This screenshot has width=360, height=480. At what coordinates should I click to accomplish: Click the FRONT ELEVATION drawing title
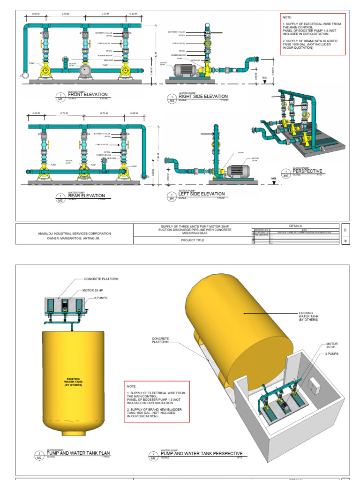click(x=88, y=94)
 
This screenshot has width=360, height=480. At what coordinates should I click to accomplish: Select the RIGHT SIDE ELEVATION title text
click(x=203, y=97)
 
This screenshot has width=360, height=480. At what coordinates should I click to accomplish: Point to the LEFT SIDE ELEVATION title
click(x=202, y=194)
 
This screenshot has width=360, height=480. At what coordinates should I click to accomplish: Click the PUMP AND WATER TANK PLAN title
click(x=82, y=453)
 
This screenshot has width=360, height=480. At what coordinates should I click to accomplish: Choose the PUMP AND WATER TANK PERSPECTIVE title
click(x=202, y=453)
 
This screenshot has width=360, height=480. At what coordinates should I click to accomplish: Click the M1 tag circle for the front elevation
click(x=60, y=97)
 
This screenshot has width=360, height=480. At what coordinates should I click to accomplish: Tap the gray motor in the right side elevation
click(x=184, y=70)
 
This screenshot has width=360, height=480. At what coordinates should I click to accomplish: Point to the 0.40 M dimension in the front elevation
click(x=35, y=14)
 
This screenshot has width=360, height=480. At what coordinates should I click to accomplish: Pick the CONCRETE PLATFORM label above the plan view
click(x=101, y=279)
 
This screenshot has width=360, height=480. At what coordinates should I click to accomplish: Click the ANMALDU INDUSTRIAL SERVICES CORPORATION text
click(x=75, y=233)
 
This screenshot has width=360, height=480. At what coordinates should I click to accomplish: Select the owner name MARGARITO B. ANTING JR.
click(x=75, y=238)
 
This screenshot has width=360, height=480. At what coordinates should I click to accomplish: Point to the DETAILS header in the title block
click(x=296, y=225)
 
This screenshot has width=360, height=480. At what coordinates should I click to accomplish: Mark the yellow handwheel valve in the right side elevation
click(x=207, y=43)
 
